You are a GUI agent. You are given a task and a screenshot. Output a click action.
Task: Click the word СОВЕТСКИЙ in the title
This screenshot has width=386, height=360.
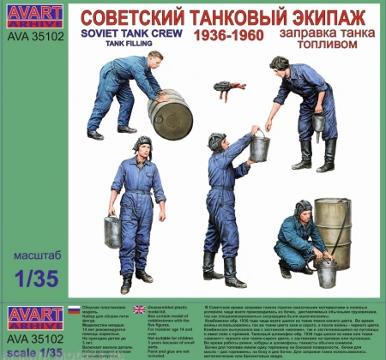pyautogui.click(x=124, y=17)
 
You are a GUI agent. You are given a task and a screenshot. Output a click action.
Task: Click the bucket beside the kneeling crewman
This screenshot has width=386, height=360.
pyautogui.click(x=326, y=272)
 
